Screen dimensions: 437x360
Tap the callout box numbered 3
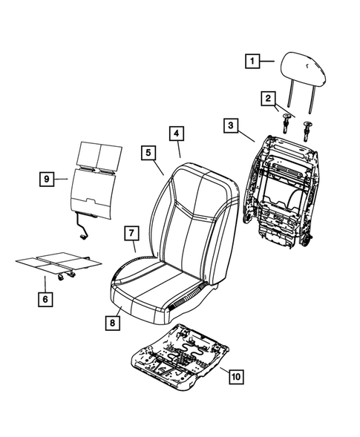pos(232,126)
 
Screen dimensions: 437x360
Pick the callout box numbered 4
pos(176,134)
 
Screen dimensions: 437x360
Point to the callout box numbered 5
pos(149,153)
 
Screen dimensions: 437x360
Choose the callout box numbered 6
pos(45,299)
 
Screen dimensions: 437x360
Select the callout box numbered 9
pos(46,179)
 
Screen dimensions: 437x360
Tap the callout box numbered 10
pos(235,378)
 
